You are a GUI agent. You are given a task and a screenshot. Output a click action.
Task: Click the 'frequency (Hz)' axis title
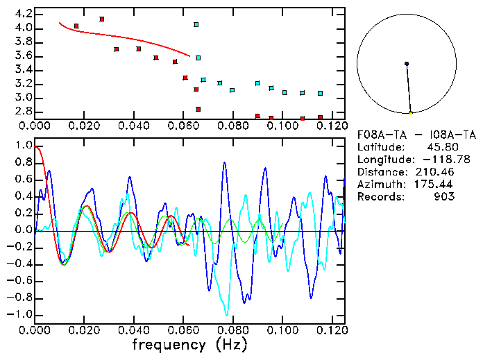189,345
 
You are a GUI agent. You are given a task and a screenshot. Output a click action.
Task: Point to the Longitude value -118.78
435,160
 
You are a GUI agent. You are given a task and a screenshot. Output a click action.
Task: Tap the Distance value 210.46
435,172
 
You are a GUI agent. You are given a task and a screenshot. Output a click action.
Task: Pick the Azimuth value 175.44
435,185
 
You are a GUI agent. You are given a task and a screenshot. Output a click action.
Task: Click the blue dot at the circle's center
407,64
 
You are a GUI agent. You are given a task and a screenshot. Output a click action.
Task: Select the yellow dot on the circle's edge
411,113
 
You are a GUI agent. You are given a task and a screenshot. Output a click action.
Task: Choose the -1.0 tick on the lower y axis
21,314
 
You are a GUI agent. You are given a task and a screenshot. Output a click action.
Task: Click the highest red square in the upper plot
102,19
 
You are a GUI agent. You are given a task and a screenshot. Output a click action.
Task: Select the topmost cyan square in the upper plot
196,24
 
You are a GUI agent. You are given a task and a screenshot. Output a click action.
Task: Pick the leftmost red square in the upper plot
76,26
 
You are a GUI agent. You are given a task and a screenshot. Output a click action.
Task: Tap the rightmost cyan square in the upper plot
320,93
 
